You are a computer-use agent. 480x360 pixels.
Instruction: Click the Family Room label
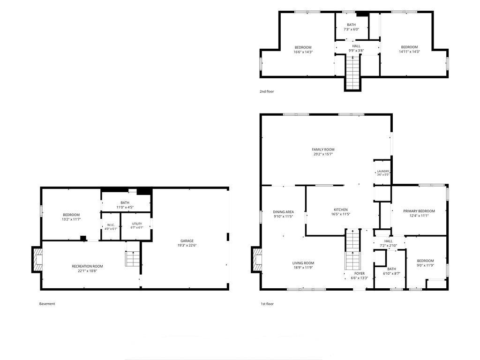[x=323, y=150]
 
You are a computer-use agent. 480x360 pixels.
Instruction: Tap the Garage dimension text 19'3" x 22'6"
[x=187, y=245]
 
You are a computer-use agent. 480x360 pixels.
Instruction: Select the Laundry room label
[x=383, y=172]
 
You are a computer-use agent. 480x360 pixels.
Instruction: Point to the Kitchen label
[x=340, y=210]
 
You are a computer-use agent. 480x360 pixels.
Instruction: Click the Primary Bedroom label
[x=419, y=211]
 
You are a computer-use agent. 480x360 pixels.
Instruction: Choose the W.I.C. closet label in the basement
[x=111, y=225]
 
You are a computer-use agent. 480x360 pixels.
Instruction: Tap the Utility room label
[x=137, y=224]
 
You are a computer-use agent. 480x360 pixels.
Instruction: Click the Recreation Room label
[x=87, y=266]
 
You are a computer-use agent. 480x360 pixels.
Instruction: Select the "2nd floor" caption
[x=267, y=91]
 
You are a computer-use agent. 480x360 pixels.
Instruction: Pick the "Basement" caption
[x=47, y=304]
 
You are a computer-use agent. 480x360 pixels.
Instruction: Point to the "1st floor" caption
[x=267, y=304]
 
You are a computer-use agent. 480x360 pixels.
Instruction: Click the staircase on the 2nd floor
[x=353, y=73]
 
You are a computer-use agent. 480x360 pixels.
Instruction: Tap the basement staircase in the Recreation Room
[x=133, y=259]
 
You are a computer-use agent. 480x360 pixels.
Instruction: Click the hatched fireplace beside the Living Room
[x=256, y=260]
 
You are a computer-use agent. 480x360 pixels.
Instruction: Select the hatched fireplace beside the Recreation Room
[x=37, y=260]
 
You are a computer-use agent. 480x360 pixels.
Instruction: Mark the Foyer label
[x=360, y=273]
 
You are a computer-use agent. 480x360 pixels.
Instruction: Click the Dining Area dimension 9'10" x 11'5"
[x=284, y=217]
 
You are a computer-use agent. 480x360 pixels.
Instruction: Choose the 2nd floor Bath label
[x=351, y=25]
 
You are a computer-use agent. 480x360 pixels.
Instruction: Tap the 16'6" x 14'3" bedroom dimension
[x=303, y=52]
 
